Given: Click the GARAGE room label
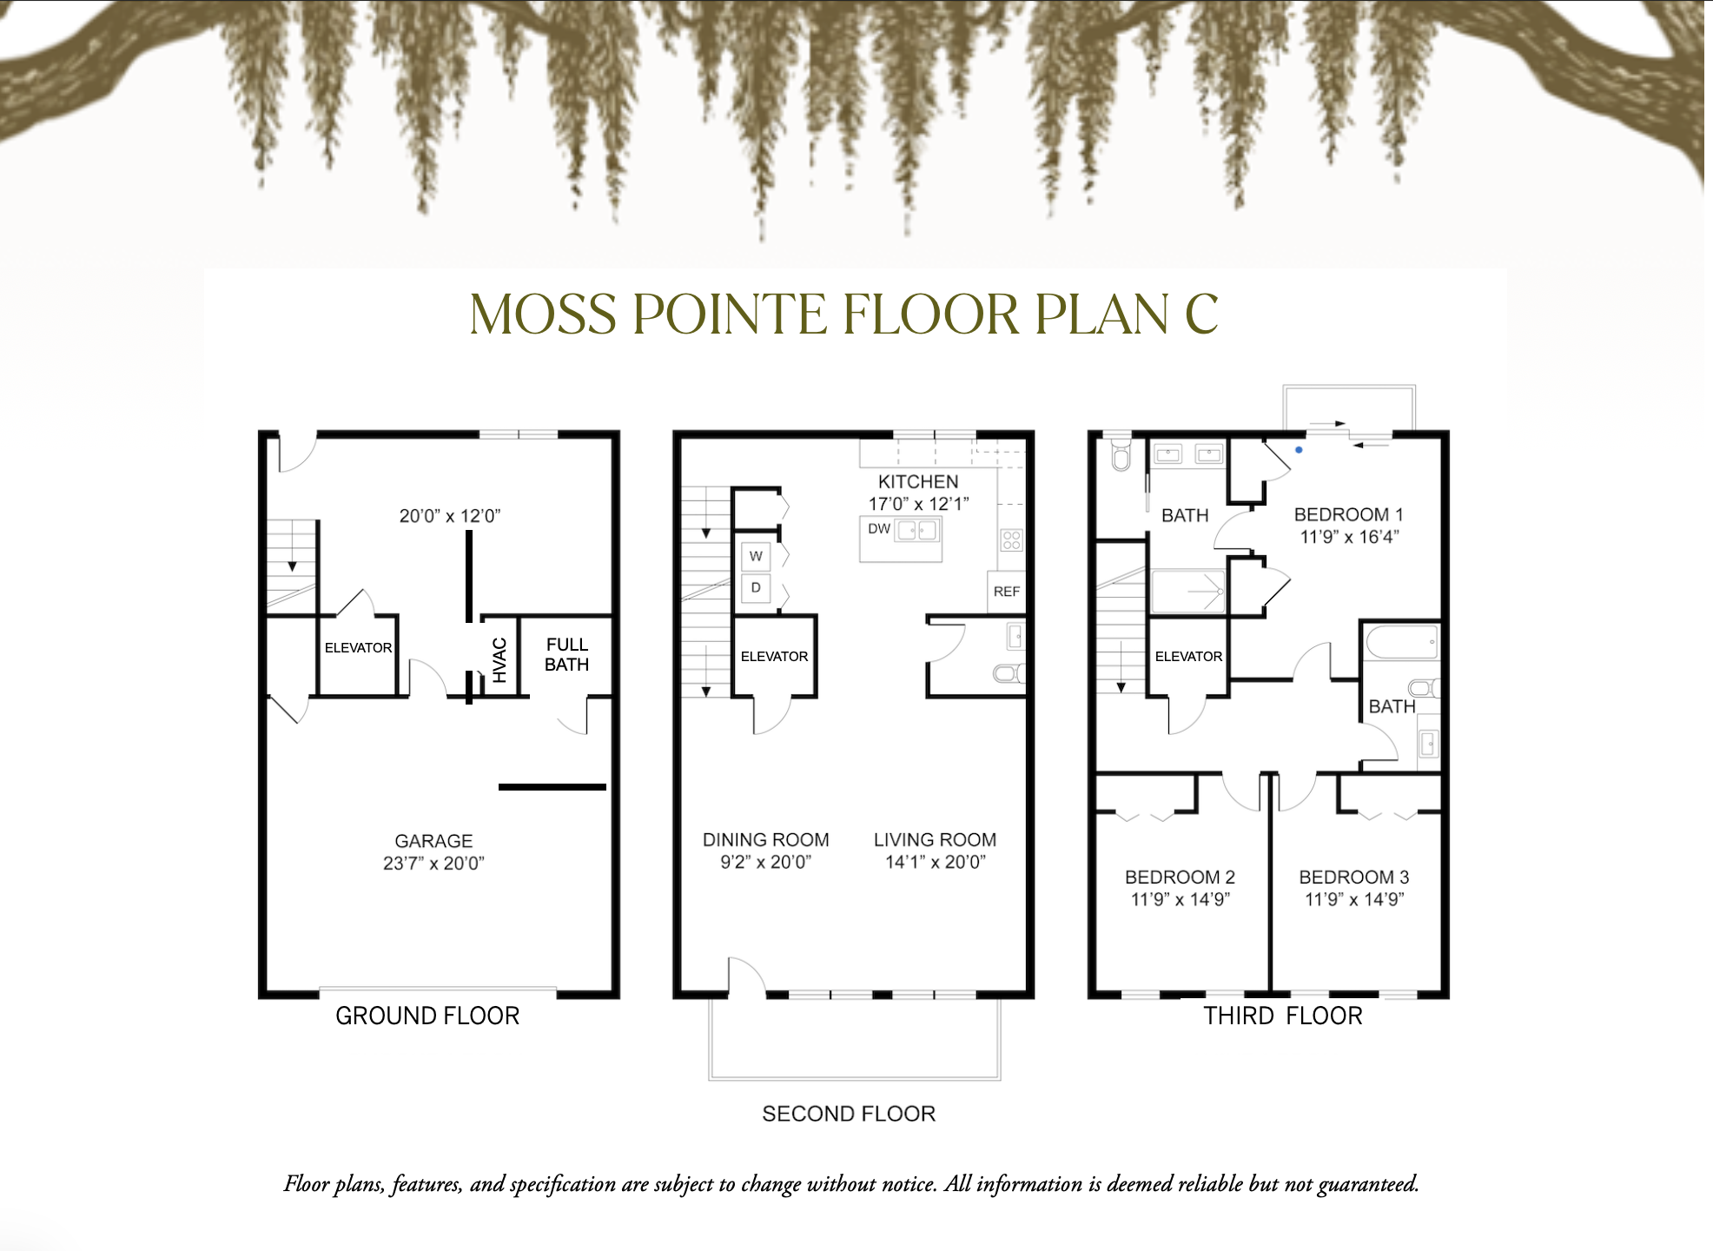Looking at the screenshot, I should pyautogui.click(x=433, y=841).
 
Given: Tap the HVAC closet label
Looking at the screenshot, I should pyautogui.click(x=499, y=659).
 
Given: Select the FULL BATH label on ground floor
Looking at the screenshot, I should pyautogui.click(x=566, y=654).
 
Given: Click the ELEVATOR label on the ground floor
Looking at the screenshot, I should pyautogui.click(x=358, y=648).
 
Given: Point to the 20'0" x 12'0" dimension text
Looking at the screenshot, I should pyautogui.click(x=450, y=516).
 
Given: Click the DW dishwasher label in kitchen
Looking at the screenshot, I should pyautogui.click(x=879, y=529).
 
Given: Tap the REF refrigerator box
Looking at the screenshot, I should pyautogui.click(x=1007, y=592).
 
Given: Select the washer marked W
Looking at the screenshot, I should pyautogui.click(x=756, y=556).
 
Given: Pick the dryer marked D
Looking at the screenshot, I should pyautogui.click(x=756, y=588).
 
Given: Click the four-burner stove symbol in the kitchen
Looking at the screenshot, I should pyautogui.click(x=1011, y=540).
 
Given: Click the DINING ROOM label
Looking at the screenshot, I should pyautogui.click(x=765, y=840).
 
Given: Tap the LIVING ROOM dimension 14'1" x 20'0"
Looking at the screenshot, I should pyautogui.click(x=936, y=863).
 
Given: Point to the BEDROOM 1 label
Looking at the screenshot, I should pyautogui.click(x=1348, y=515).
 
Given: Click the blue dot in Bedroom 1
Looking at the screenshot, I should pyautogui.click(x=1299, y=450).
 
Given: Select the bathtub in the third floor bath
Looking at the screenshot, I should pyautogui.click(x=1402, y=644).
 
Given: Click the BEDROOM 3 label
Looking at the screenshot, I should pyautogui.click(x=1353, y=877).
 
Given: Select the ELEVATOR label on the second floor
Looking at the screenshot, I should pyautogui.click(x=774, y=657).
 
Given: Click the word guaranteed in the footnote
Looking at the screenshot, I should pyautogui.click(x=1368, y=1184).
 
